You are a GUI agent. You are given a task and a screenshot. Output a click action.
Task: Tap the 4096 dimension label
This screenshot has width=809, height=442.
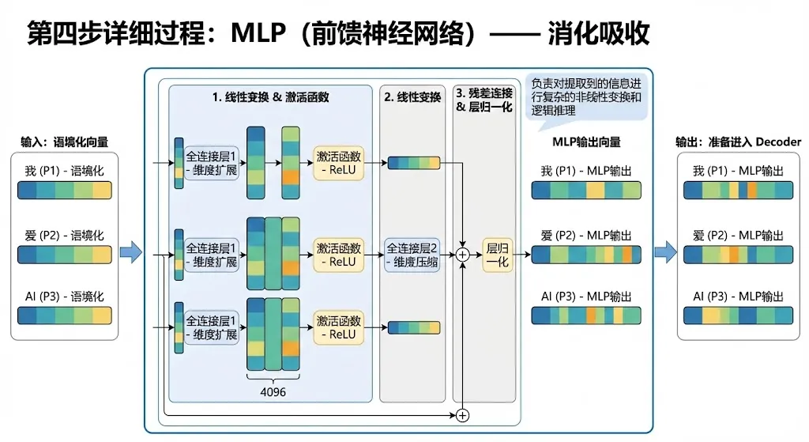[x=274, y=391]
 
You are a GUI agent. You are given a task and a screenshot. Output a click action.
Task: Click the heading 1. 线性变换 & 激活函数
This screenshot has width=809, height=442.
[x=270, y=98]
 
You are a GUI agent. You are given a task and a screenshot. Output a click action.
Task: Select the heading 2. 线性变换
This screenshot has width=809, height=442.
[x=412, y=98]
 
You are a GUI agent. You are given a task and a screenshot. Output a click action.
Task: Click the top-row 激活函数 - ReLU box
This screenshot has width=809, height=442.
[x=338, y=163]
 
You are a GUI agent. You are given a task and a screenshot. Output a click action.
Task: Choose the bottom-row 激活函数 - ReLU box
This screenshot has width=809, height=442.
[x=338, y=327]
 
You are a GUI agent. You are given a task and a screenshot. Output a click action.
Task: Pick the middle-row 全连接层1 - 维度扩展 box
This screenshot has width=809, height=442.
[x=212, y=255]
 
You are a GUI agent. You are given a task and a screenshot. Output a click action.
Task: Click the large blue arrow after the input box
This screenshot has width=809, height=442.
[x=130, y=253]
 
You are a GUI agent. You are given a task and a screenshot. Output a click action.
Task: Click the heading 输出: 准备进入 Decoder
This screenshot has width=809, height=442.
[x=738, y=142]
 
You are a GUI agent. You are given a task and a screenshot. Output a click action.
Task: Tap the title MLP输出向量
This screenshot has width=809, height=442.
[x=585, y=142]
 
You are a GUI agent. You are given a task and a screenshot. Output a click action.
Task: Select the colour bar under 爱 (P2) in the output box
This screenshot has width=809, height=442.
[x=738, y=254]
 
